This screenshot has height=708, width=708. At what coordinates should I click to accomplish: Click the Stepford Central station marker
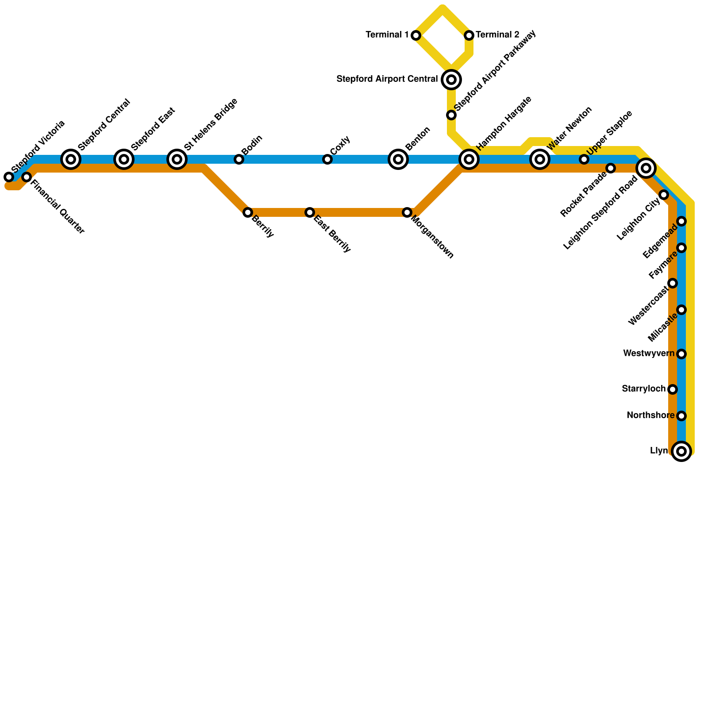tap(71, 159)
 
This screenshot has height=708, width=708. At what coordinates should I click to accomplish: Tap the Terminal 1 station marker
tap(416, 35)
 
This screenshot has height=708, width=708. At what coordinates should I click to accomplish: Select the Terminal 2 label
tap(497, 35)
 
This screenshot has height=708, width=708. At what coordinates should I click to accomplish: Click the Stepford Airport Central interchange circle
tap(451, 80)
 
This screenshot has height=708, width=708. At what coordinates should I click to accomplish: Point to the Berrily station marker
tap(248, 212)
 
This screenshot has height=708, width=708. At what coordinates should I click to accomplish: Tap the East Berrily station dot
tap(310, 212)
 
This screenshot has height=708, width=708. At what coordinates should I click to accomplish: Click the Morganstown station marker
tap(407, 212)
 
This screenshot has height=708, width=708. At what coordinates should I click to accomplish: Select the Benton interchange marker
tap(398, 159)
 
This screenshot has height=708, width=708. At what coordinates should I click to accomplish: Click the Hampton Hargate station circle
tap(469, 159)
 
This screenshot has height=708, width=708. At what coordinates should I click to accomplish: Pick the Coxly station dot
tap(327, 159)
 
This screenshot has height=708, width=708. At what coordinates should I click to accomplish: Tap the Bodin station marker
tap(239, 159)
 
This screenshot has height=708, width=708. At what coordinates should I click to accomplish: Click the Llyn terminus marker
tap(681, 451)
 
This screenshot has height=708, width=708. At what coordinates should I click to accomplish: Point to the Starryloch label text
tap(643, 389)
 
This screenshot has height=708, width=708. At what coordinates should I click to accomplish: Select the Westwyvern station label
tap(649, 354)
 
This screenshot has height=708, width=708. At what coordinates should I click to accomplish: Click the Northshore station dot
tap(681, 416)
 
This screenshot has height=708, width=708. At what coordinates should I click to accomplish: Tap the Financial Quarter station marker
tap(27, 177)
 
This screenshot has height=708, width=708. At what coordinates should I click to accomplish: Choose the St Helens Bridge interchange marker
tap(177, 159)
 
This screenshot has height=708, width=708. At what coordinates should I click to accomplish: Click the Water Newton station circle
tap(540, 159)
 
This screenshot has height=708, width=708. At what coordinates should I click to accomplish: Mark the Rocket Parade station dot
tap(611, 168)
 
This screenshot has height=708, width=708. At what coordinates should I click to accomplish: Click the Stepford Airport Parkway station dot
tap(451, 115)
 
